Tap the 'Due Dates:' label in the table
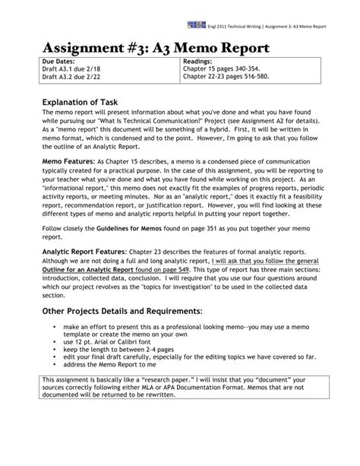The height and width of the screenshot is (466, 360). click(x=59, y=62)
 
